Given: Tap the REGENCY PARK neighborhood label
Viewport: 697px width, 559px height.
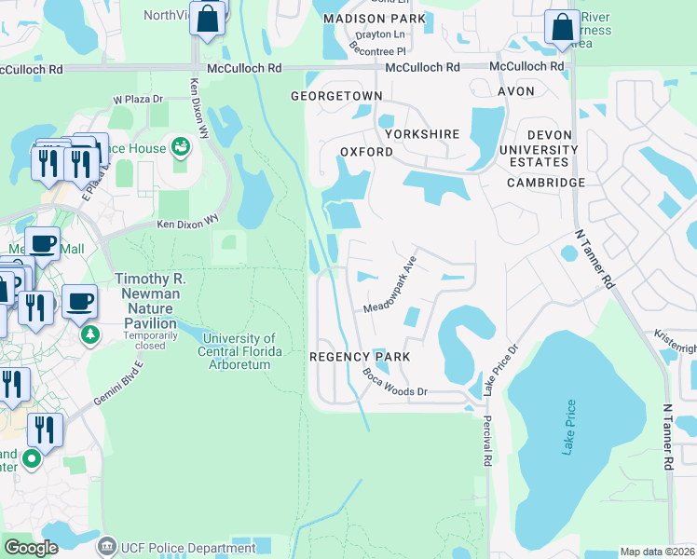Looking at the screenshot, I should tap(360, 357).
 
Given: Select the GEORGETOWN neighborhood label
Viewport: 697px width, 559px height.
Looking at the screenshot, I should tap(336, 96).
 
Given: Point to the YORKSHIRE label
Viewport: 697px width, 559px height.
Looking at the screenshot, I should tap(422, 134).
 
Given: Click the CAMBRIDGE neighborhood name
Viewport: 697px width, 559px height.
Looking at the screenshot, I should tap(546, 183).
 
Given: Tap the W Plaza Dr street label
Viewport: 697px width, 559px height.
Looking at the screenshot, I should tap(138, 99).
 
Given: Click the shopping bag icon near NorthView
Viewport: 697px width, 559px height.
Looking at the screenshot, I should tap(207, 18).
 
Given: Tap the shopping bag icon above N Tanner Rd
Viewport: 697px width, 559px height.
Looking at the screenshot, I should tap(563, 28).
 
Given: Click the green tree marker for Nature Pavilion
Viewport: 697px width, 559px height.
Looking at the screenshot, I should tap(89, 333).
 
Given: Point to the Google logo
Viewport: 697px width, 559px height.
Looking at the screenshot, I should tap(31, 548).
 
